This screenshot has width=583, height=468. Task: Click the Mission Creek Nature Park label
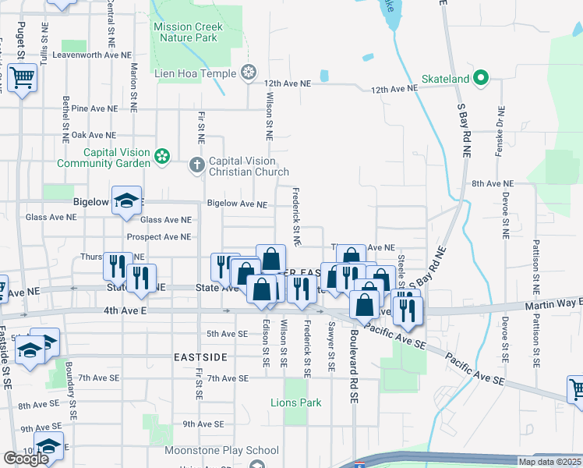(x=189, y=32)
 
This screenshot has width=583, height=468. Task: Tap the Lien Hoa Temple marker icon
(x=249, y=73)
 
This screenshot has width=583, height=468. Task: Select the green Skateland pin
(x=481, y=78)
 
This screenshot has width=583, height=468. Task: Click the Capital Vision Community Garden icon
(x=162, y=158)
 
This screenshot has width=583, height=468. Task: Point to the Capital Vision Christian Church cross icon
(x=196, y=165)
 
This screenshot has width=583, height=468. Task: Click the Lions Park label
(x=295, y=403)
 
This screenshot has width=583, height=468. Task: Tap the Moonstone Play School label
(x=221, y=450)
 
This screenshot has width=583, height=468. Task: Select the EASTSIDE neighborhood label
(x=200, y=356)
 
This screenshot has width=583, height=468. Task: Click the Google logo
(x=26, y=459)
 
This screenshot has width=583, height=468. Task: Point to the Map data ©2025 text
(x=549, y=462)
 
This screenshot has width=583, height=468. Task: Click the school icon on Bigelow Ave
(x=125, y=201)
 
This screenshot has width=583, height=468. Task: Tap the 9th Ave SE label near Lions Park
(x=203, y=424)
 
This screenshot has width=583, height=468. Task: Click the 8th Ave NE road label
(x=493, y=183)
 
